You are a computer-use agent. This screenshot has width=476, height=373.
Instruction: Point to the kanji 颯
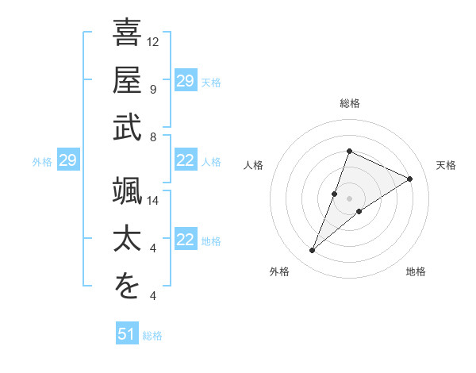pos(128,191)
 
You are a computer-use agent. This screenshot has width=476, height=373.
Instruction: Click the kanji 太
pos(128,239)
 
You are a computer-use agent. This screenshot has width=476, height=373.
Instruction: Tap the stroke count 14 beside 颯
pos(153,201)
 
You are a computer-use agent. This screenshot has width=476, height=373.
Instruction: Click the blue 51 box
pos(126,334)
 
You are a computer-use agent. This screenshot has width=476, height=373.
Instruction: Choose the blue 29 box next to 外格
pos(67,161)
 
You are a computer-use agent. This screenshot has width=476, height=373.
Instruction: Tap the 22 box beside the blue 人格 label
pos(185,161)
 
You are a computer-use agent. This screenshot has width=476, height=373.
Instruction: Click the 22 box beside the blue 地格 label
pos(185,240)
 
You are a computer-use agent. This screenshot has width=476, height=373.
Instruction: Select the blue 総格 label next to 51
pos(152,336)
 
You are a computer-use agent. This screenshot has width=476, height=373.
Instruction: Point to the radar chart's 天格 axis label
pos(447,165)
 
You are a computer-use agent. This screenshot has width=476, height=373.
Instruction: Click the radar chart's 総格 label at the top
pos(349,103)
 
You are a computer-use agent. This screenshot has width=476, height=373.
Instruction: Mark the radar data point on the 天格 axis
pos(410,179)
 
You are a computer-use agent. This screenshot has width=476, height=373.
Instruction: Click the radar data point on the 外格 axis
pos(312,251)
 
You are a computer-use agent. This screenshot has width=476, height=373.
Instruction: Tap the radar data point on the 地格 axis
pos(359,211)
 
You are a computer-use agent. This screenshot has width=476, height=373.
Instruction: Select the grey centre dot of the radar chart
pos(349,198)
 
